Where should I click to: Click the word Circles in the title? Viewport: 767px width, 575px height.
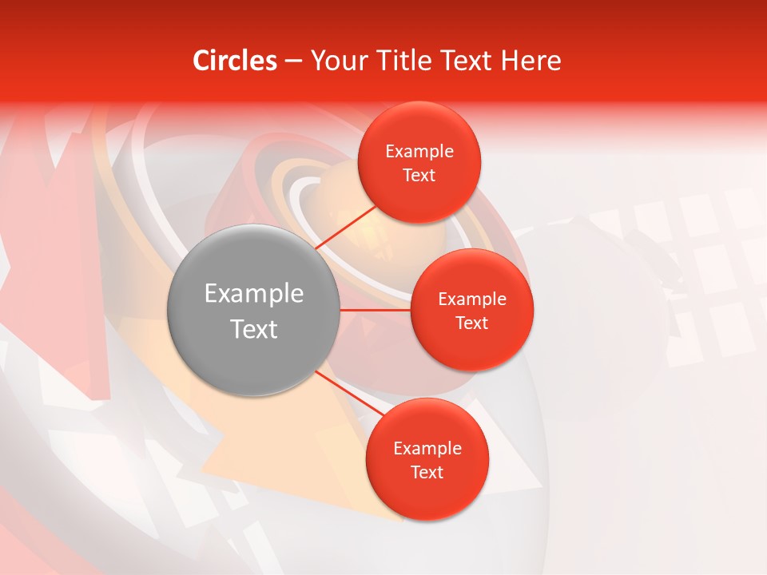pos(235,61)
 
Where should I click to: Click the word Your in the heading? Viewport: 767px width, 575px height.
pos(340,61)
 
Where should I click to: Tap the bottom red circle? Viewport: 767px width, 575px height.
pos(427,495)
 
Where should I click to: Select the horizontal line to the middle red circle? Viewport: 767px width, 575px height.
pos(376,310)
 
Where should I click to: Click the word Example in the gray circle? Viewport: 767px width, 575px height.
pos(254,294)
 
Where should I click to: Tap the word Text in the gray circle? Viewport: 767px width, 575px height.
pos(254,329)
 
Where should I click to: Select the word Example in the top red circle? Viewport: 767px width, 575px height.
pos(419,152)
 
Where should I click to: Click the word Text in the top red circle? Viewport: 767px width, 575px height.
pos(419,176)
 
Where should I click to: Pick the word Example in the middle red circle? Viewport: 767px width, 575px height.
pos(471,299)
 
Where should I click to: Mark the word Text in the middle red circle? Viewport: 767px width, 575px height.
pos(471,323)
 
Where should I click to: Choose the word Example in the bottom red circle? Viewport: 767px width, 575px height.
pos(427,449)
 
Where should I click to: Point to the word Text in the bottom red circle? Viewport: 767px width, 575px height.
pos(427,473)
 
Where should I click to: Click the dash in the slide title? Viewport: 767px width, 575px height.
pos(292,61)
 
